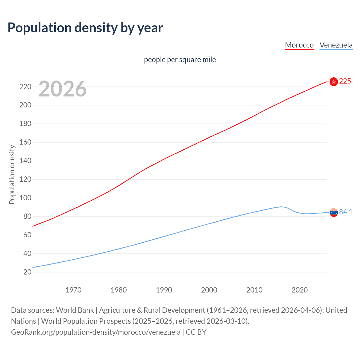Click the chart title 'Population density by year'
pos(85,28)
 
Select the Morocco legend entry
pos(299,45)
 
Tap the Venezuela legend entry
pos(336,45)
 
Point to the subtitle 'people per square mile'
pos(180,60)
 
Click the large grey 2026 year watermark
pos(62,89)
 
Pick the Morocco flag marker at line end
pos(334,82)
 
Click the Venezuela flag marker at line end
pos(334,213)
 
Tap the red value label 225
pos(345,81)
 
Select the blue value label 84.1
pos(346,212)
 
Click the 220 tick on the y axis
pos(25,87)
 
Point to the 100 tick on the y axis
pos(25,198)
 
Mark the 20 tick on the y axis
pos(27,272)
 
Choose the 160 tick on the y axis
pos(25,142)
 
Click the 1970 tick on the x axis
pos(73,290)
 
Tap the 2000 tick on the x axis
pos(209,290)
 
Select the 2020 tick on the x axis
pos(300,290)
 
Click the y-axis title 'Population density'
pos(12,174)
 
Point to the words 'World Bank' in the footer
pos(75,310)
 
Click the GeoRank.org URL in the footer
pos(96,332)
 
